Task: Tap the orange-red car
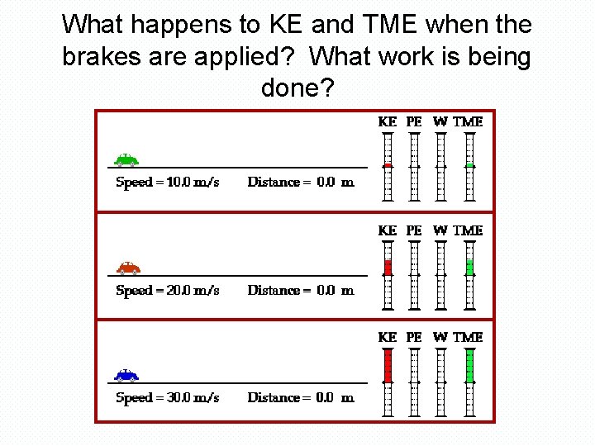(128, 267)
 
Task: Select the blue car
(126, 375)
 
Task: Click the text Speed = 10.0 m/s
(167, 183)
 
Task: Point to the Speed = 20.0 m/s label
(167, 290)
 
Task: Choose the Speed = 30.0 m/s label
(167, 398)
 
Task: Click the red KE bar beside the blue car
(388, 366)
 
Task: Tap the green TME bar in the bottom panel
(469, 366)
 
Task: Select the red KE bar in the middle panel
(388, 267)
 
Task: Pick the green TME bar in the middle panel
(469, 267)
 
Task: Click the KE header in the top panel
(387, 121)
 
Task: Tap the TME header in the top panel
(468, 121)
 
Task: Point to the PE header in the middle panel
(414, 230)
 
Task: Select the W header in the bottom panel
(440, 337)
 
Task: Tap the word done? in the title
(297, 87)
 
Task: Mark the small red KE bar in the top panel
(388, 165)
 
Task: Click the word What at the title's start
(92, 25)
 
